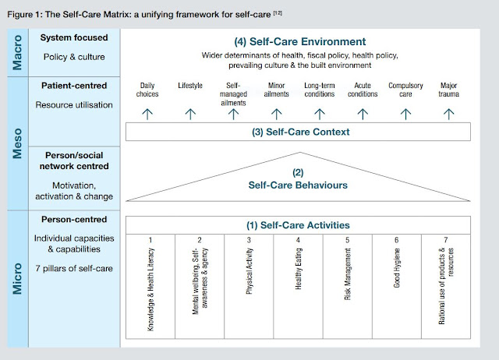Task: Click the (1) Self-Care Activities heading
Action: tap(299, 224)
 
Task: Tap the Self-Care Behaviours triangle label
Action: tap(299, 186)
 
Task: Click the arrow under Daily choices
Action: tap(147, 113)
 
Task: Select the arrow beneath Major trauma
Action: tap(448, 113)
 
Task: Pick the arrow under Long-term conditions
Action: tap(320, 113)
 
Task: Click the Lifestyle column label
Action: tap(190, 85)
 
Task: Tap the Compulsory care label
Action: tap(405, 89)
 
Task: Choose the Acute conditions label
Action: tap(363, 89)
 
